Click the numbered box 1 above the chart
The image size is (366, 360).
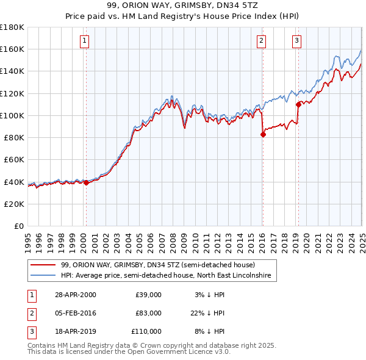coord(84,41)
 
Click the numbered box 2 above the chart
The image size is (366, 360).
coord(261,41)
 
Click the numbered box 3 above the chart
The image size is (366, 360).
coord(296,41)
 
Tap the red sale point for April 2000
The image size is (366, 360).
coord(86,182)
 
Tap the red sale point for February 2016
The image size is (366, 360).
coord(262,134)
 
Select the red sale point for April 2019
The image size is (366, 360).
coord(298,104)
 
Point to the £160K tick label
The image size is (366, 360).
coord(12,49)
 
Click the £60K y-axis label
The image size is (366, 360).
coord(13,159)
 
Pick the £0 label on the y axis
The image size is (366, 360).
coord(19,226)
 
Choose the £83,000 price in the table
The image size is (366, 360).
coord(148,313)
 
